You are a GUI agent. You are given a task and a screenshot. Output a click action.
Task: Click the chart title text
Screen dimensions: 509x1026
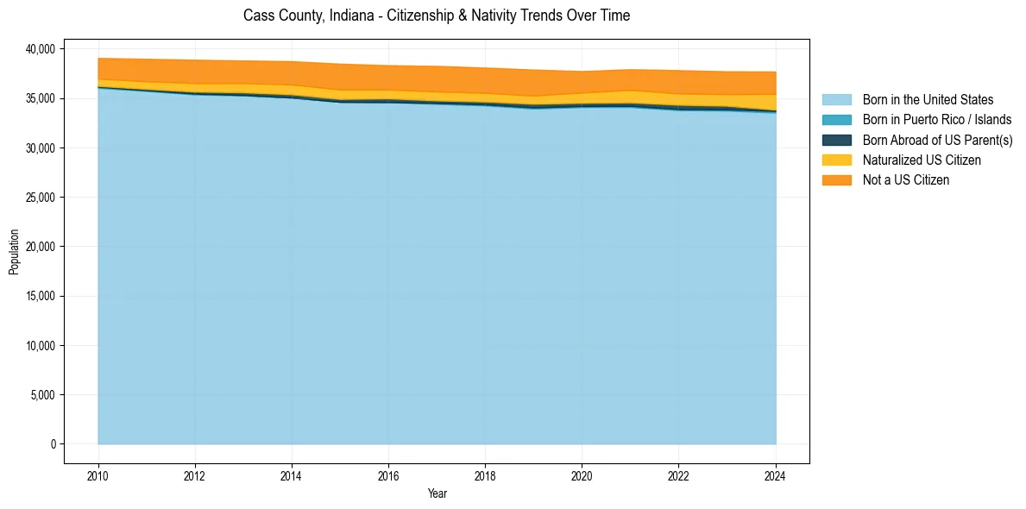pyautogui.click(x=437, y=16)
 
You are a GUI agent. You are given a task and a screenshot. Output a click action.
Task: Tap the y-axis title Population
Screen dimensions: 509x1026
pyautogui.click(x=14, y=251)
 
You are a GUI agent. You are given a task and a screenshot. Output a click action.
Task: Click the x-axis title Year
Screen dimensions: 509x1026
pyautogui.click(x=437, y=493)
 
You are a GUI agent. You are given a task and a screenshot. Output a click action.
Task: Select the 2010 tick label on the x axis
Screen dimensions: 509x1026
pyautogui.click(x=98, y=475)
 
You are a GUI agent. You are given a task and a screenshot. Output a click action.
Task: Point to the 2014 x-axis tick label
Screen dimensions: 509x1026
pyautogui.click(x=292, y=475)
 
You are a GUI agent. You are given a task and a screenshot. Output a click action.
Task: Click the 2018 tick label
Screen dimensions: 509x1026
pyautogui.click(x=485, y=475)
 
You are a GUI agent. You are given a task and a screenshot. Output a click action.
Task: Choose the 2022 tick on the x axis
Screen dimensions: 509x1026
pyautogui.click(x=679, y=475)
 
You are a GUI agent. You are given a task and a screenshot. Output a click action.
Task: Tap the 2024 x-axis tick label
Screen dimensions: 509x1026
pyautogui.click(x=776, y=475)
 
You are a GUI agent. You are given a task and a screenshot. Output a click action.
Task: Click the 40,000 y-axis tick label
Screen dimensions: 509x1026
pyautogui.click(x=40, y=49)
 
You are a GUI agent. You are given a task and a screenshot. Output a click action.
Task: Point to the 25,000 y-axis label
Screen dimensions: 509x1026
pyautogui.click(x=40, y=198)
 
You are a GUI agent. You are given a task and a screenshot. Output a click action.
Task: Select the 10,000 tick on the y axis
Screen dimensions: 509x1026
pyautogui.click(x=40, y=346)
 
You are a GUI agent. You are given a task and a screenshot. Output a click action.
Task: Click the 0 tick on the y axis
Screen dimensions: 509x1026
pyautogui.click(x=52, y=444)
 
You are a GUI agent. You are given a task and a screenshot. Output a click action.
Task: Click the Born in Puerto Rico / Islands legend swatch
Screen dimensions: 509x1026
pyautogui.click(x=836, y=120)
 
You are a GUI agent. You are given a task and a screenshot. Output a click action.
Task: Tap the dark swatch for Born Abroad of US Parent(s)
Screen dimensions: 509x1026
pyautogui.click(x=836, y=140)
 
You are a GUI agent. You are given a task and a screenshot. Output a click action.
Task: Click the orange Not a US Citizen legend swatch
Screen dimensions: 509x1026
pyautogui.click(x=836, y=179)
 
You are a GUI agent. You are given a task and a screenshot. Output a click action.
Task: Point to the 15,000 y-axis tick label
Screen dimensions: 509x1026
pyautogui.click(x=40, y=296)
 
